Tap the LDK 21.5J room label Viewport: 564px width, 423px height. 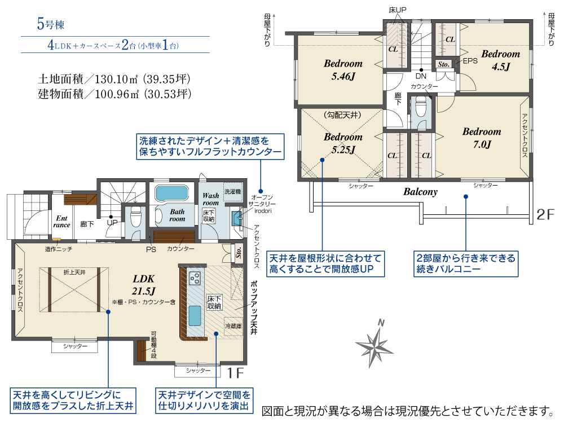[x=143, y=284]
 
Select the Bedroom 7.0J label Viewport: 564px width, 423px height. [x=482, y=138]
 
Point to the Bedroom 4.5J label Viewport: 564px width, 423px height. [x=501, y=60]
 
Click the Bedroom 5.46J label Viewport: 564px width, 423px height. [x=343, y=70]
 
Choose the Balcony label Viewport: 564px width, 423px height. [x=420, y=192]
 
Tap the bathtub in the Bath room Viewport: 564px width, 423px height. [x=172, y=193]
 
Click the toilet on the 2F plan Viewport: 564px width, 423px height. [x=421, y=107]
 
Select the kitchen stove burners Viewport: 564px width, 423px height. [x=195, y=278]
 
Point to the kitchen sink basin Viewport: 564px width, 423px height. [x=195, y=315]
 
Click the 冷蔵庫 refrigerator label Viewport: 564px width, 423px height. [x=233, y=326]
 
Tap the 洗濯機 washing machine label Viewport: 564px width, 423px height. [x=233, y=192]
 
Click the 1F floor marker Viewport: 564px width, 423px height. [x=236, y=373]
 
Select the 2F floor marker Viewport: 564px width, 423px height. [x=545, y=214]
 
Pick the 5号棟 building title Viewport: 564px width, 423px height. [x=51, y=24]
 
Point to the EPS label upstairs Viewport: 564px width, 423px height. [x=470, y=61]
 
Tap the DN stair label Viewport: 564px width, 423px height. [x=421, y=76]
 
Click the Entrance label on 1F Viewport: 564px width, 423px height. [x=61, y=222]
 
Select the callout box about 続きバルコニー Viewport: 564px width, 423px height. [x=466, y=263]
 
